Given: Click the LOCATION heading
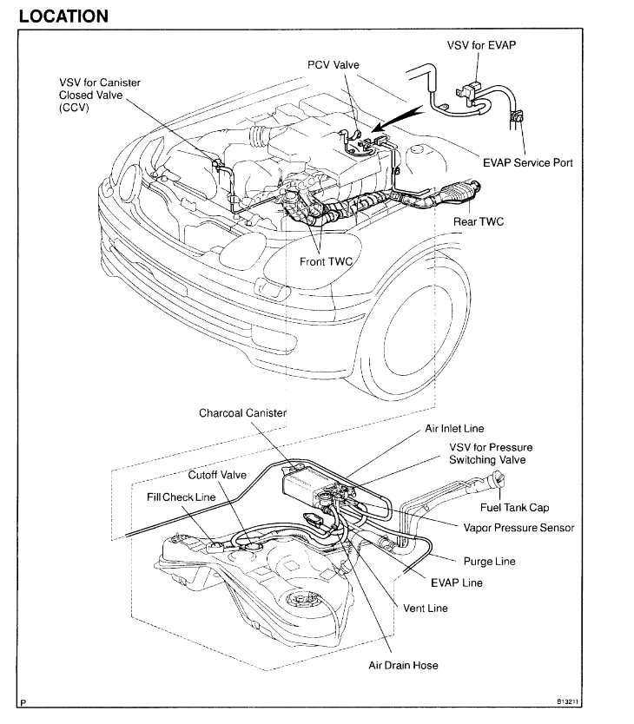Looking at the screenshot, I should point(63,16).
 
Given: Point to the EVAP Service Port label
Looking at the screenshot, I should point(527,162).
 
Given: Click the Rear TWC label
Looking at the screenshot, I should point(478,222).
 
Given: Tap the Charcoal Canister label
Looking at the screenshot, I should point(242,413).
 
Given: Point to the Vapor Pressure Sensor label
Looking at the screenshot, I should point(518,528).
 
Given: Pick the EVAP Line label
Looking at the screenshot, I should point(457,582).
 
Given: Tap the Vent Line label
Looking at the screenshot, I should point(426,609).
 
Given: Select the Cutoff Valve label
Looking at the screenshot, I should point(218,475).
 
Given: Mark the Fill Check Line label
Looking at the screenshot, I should point(181,497).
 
